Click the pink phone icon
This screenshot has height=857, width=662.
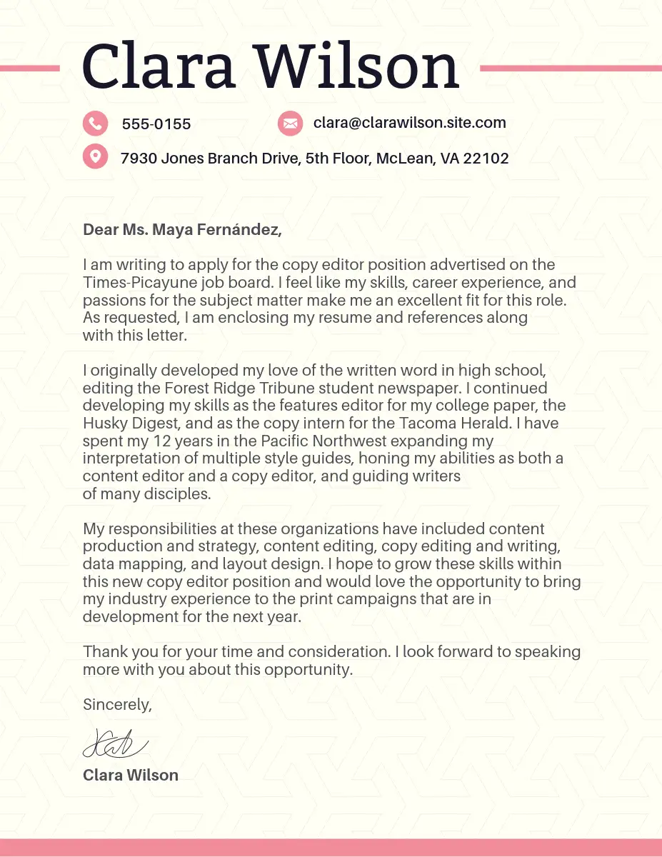pyautogui.click(x=95, y=124)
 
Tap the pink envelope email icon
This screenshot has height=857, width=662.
pyautogui.click(x=289, y=123)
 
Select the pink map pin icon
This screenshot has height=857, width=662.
pyautogui.click(x=95, y=156)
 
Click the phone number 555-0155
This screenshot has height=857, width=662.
pyautogui.click(x=156, y=124)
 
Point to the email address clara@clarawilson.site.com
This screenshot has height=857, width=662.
pyautogui.click(x=409, y=123)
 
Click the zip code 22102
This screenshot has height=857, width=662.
pyautogui.click(x=486, y=159)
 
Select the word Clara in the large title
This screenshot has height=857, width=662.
pyautogui.click(x=159, y=66)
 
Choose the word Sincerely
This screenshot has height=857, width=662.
pyautogui.click(x=117, y=704)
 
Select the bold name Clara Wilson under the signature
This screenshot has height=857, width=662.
pyautogui.click(x=131, y=775)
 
